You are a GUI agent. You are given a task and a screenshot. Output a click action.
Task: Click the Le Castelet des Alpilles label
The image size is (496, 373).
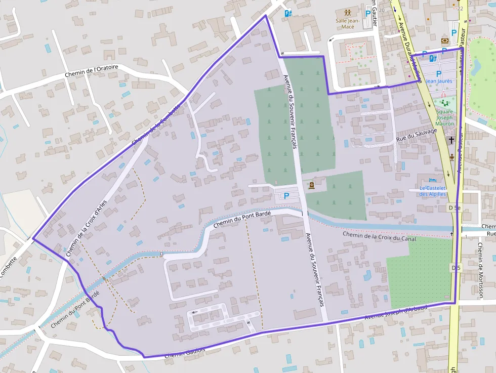(433, 191)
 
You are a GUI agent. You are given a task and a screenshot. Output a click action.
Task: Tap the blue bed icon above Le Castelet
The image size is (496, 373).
(432, 180)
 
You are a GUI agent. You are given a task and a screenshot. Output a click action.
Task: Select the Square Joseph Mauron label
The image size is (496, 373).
(445, 117)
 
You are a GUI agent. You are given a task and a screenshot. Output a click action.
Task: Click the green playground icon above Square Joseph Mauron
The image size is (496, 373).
(445, 103)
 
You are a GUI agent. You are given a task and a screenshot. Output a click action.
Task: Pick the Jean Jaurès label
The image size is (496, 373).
(439, 80)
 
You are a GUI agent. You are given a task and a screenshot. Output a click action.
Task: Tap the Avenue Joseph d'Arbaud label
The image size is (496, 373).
(396, 312)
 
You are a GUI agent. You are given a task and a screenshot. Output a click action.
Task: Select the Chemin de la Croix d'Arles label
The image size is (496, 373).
(87, 232)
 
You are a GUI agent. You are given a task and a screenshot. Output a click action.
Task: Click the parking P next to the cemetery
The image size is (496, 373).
(286, 195)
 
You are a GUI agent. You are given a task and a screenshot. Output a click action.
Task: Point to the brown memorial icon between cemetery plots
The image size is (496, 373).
(311, 185)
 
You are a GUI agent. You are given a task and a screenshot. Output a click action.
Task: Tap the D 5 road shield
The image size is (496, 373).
(455, 267)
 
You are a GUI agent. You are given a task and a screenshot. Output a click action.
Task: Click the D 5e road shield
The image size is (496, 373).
(454, 208)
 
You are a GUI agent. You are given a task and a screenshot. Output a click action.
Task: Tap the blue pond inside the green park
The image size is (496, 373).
(476, 65)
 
